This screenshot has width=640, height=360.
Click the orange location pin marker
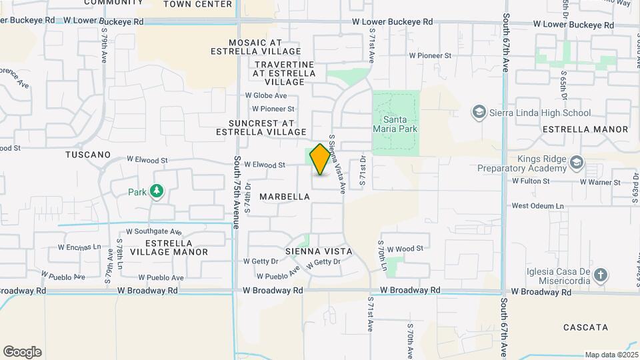coord(320,159)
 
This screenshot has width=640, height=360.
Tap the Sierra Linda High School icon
coord(478,113)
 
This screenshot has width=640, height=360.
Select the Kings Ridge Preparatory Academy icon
coord(577,163)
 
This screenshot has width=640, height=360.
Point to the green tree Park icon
coord(157,192)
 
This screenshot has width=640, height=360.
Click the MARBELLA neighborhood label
coord(285,197)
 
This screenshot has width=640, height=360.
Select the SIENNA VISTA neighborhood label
coord(318,251)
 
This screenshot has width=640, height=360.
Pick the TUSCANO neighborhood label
coord(88,155)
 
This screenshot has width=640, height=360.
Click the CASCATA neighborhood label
coord(585,327)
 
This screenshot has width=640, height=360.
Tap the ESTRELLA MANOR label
coord(585,129)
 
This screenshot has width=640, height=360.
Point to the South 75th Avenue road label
coord(236,192)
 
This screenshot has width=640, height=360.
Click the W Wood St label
coord(405,249)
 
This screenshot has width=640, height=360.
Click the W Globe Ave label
coord(266,96)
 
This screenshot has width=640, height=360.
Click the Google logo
coord(22,352)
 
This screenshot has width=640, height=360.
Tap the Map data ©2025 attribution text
coord(611,355)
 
